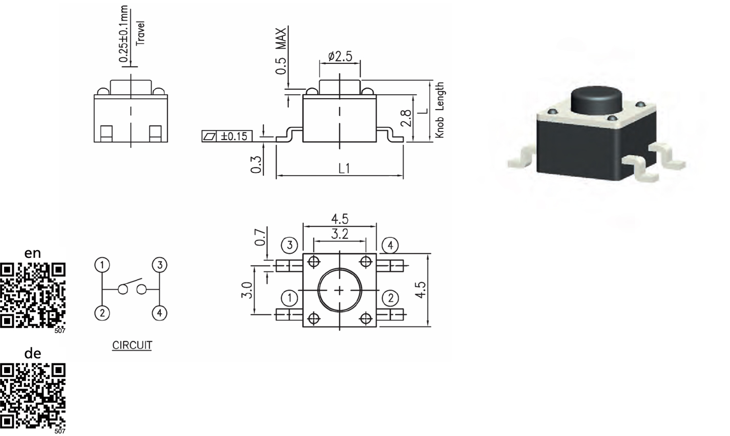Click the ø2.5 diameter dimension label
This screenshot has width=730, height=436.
pos(340,56)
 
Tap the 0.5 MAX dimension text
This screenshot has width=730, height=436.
pos(281,51)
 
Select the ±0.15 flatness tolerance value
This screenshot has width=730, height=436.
pos(234,136)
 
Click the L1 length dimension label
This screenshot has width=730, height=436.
pos(344,168)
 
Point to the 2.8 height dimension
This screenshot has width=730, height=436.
pos(406,118)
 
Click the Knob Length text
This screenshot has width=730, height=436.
pos(440,110)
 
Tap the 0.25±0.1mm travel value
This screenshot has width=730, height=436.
pos(123,34)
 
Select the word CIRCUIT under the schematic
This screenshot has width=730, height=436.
pos(132,345)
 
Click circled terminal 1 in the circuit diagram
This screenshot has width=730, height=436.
pos(102,265)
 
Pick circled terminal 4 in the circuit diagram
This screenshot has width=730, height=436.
pos(159,313)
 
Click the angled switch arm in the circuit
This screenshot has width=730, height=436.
pos(132,281)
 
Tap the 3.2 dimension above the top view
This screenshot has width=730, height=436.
pos(340,234)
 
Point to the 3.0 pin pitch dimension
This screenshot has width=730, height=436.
pos(247,290)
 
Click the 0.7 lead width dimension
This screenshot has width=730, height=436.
pos(260,237)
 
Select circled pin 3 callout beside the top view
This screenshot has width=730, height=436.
pos(289,245)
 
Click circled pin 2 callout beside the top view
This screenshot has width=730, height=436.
pos(390,298)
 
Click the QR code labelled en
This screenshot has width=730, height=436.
pos(33,295)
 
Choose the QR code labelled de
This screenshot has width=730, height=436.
pos(33,396)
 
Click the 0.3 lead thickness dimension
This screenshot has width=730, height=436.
pos(256,164)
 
